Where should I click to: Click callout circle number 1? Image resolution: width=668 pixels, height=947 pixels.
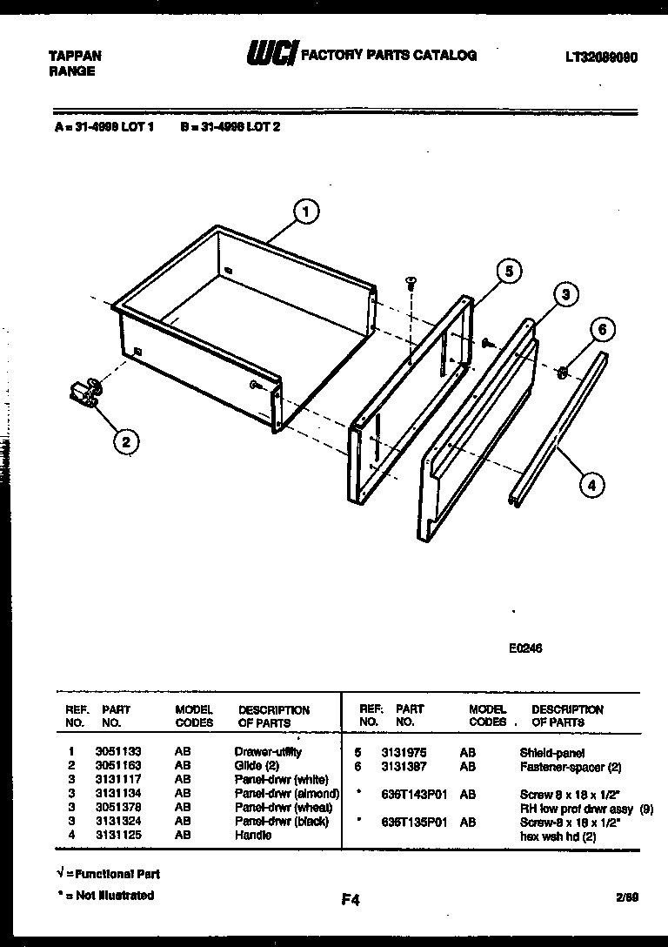point(305,211)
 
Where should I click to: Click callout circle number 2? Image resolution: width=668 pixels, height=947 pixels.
point(126,442)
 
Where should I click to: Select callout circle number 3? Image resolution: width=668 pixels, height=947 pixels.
point(565,295)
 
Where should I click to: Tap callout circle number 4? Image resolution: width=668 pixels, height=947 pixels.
point(591,485)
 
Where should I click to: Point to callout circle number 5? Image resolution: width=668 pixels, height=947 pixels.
point(510,272)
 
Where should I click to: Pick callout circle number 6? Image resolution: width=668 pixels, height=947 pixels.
point(603,330)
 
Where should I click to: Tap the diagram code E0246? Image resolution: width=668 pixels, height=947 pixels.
point(526,648)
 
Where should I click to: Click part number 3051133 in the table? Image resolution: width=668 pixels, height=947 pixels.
point(118,751)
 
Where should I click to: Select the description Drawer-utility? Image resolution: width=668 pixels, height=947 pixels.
point(268,751)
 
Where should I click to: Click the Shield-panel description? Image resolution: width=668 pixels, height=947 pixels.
point(552,752)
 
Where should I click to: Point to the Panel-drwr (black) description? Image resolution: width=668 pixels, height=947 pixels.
point(282,821)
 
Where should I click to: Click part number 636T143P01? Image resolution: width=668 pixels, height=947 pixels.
point(412,794)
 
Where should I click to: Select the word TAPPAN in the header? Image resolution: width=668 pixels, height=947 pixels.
point(75,56)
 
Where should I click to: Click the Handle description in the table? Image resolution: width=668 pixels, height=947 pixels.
point(253,835)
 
